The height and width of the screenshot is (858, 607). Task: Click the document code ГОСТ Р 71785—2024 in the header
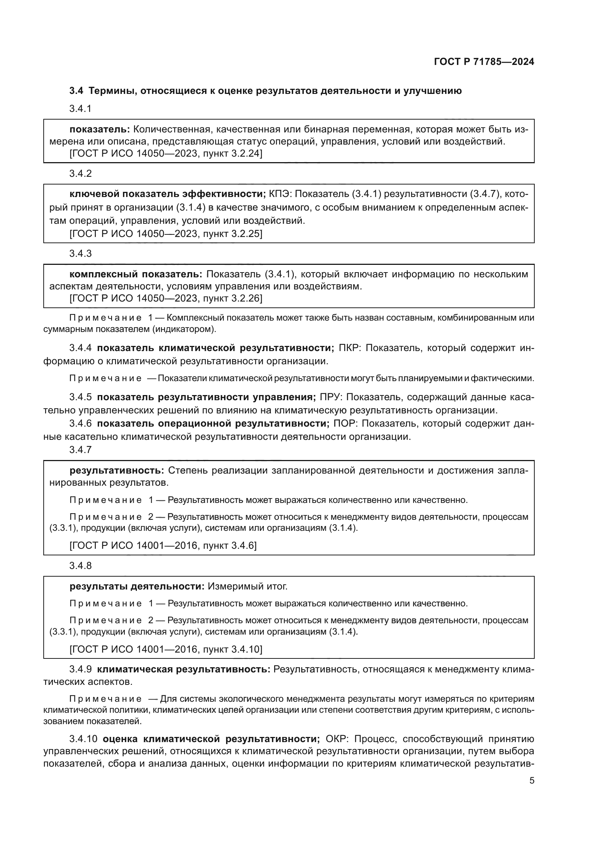pos(484,62)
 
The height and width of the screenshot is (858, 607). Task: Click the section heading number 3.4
pos(77,91)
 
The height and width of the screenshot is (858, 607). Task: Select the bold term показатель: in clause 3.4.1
pos(99,129)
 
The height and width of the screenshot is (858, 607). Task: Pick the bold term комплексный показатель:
pos(136,274)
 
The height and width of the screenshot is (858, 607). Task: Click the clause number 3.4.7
pos(80,450)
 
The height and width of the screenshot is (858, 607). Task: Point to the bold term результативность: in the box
pos(117,470)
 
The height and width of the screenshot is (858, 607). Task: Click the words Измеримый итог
pos(247,586)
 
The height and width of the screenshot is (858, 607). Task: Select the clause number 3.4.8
pos(80,565)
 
